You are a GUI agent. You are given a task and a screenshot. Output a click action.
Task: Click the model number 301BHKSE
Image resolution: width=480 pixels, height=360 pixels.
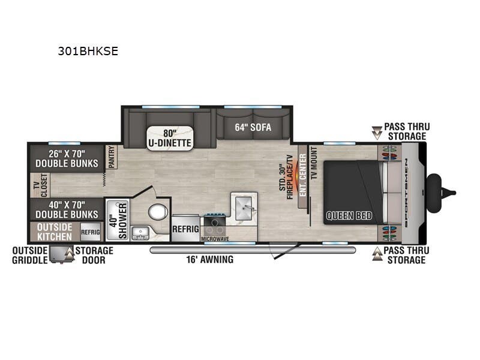coord(88,52)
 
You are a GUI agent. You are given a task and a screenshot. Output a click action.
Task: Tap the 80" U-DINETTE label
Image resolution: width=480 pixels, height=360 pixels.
coord(169,138)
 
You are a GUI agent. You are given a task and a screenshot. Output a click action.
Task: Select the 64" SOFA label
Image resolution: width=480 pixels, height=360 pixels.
coord(252,127)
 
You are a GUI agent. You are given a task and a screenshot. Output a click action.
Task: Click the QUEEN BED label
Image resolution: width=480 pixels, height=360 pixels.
coord(349,215)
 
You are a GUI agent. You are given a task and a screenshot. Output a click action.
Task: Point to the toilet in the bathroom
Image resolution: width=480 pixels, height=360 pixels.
coord(157,212)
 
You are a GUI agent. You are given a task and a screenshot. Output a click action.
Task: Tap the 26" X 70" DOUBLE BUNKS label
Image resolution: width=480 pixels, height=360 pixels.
coord(66,158)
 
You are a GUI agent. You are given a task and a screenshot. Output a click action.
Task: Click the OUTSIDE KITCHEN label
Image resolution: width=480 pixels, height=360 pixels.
coord(55,232)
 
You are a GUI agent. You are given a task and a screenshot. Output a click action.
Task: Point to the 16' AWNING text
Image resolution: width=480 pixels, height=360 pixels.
coord(209,260)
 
